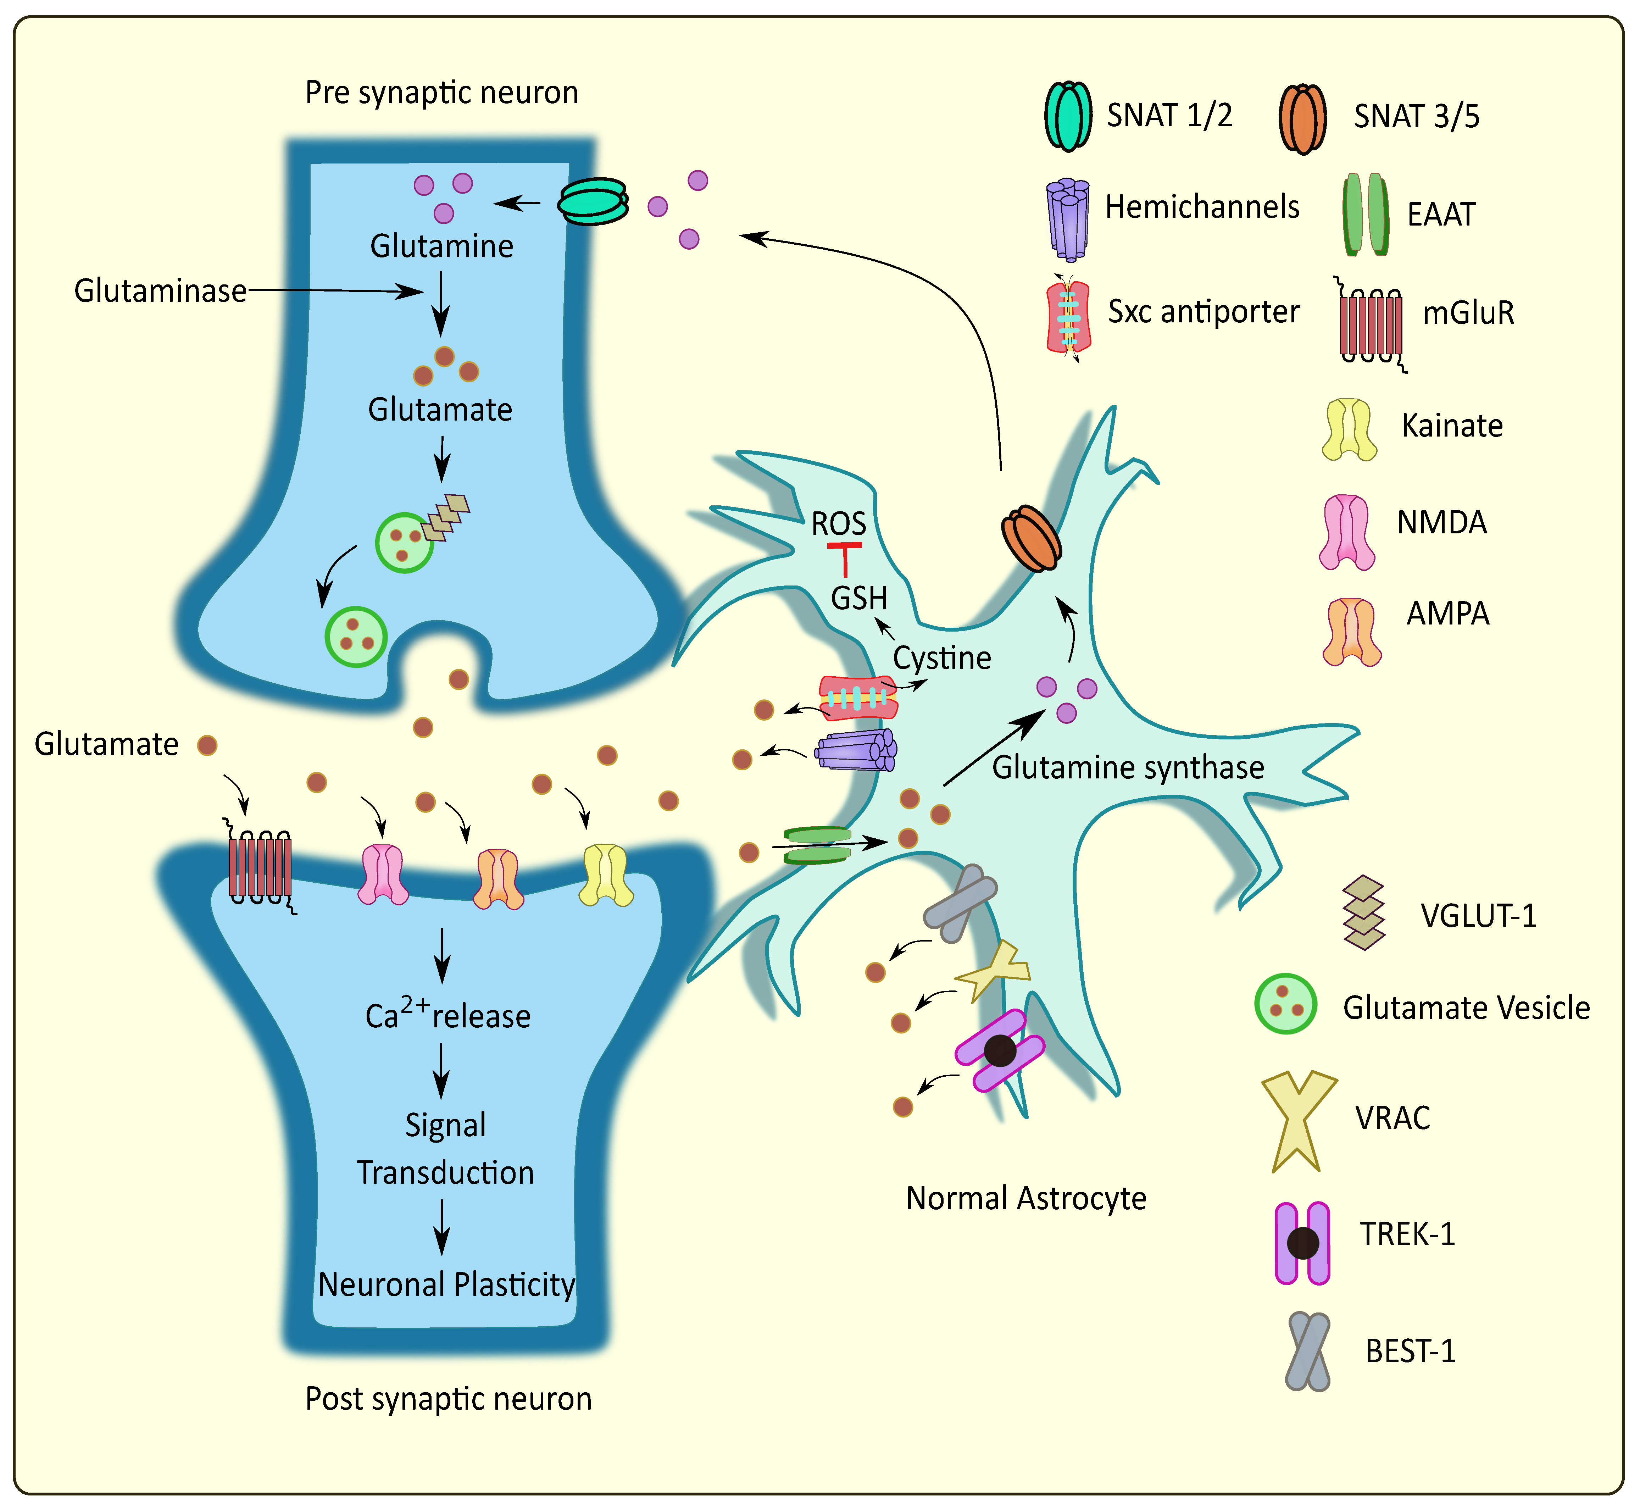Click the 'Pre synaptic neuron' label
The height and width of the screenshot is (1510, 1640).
(441, 93)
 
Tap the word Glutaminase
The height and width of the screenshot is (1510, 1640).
(160, 291)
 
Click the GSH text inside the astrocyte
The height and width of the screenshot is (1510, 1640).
(859, 598)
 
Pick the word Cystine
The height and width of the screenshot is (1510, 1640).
(941, 658)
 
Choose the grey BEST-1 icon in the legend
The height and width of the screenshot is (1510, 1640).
(1307, 1351)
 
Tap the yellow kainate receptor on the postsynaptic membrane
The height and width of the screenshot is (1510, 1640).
(606, 875)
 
